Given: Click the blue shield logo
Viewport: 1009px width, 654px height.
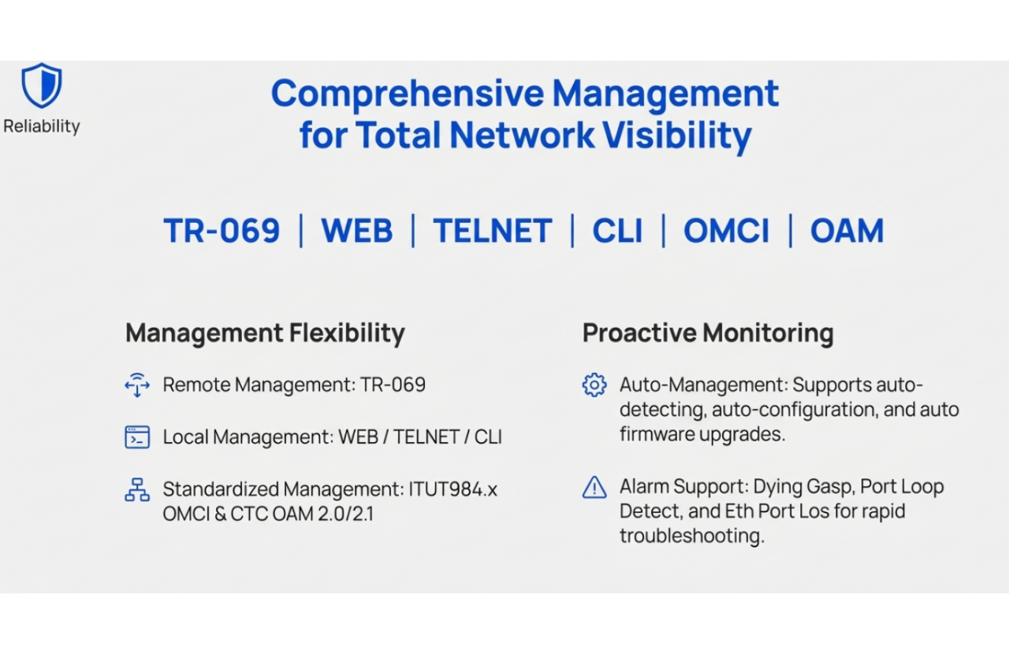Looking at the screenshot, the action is click(42, 85).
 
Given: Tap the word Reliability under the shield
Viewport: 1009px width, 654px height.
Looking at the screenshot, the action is click(42, 126).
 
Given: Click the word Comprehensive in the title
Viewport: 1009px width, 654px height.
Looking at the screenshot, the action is click(408, 94).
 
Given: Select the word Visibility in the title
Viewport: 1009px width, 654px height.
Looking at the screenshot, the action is click(677, 135).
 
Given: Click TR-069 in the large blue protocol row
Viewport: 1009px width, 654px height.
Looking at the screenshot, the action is click(222, 231).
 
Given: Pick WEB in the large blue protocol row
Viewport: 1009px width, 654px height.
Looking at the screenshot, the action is click(357, 231).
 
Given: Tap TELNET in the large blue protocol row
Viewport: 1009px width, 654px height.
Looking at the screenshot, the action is click(493, 231).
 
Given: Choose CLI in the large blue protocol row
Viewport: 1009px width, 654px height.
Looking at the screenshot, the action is click(617, 231).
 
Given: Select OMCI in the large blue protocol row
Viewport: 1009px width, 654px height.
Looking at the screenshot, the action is click(726, 231).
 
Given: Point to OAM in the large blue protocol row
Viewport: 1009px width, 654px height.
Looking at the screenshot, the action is click(847, 231).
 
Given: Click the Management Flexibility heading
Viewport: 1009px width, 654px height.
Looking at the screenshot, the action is click(265, 333).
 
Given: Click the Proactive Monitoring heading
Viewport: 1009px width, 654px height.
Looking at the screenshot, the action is click(708, 333).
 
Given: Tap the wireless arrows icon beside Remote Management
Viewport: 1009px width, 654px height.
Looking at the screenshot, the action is click(137, 385).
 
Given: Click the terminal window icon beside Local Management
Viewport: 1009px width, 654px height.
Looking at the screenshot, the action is click(137, 437).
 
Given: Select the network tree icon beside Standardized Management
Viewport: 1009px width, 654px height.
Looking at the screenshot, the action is click(137, 489).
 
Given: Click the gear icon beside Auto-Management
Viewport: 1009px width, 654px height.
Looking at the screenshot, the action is click(594, 385).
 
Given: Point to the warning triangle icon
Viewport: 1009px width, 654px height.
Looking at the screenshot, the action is click(594, 487).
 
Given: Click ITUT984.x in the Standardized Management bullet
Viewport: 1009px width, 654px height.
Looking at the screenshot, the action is click(452, 489).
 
